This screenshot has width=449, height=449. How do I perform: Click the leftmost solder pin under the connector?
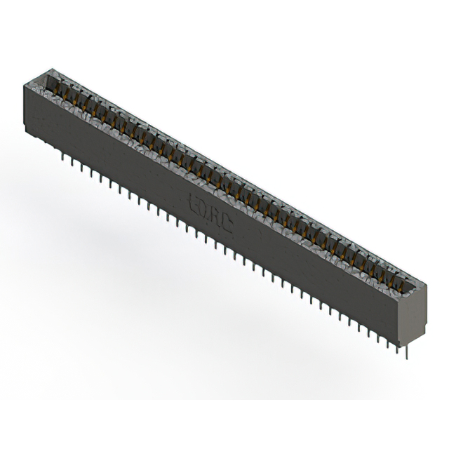(x=64, y=159)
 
